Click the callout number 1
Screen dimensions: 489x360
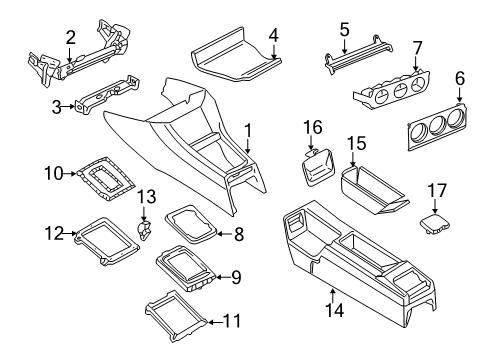tap(247, 131)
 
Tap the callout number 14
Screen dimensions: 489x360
tap(334, 311)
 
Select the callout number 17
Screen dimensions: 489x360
tap(437, 191)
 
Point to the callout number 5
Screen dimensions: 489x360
tap(344, 29)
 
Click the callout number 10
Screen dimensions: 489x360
tap(53, 173)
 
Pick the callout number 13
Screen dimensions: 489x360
tap(147, 197)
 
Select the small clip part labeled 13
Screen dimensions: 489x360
tap(144, 230)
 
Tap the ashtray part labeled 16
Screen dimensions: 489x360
tap(317, 168)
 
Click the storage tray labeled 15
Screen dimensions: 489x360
tap(373, 189)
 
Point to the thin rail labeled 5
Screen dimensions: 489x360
tap(358, 52)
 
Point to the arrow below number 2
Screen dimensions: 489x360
tap(69, 55)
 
